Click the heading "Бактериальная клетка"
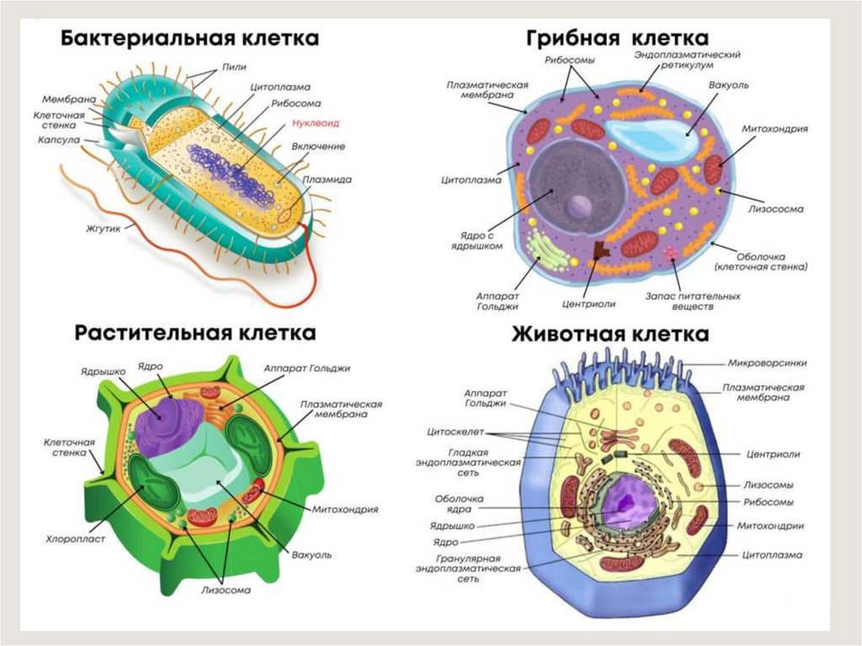click(189, 39)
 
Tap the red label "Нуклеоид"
click(315, 123)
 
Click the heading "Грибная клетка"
click(617, 38)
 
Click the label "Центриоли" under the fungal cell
click(588, 304)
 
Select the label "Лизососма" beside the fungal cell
click(776, 208)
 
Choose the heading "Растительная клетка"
click(195, 333)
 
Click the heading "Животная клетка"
click(610, 334)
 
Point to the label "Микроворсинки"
click(766, 363)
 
